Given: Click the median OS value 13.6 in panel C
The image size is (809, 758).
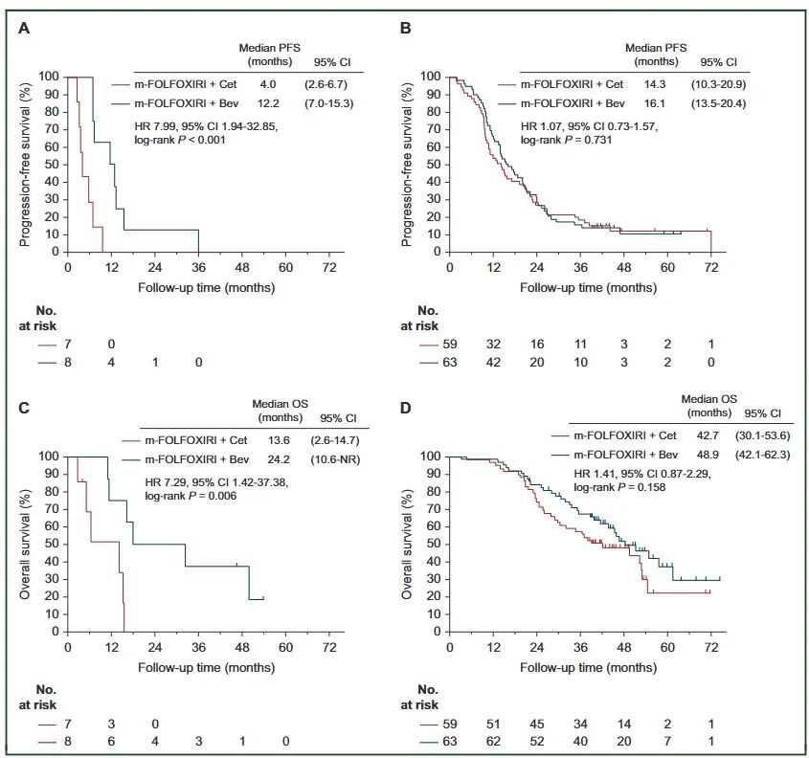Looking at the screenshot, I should tap(272, 441).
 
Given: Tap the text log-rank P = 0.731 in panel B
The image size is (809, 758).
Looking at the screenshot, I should tap(569, 140).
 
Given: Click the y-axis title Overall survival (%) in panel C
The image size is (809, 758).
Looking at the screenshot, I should tap(26, 544).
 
